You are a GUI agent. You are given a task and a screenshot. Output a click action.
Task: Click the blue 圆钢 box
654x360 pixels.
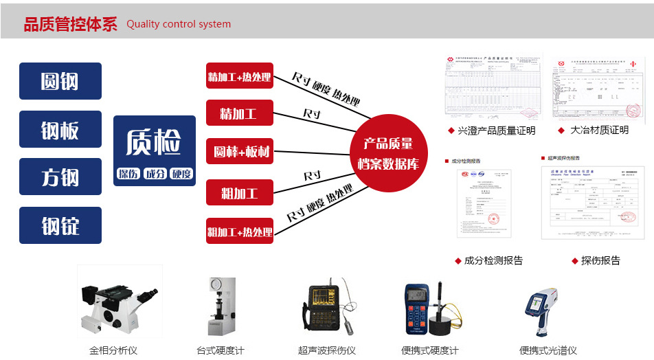(x=60, y=81)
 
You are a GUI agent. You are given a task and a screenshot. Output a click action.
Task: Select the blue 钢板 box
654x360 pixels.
(x=60, y=129)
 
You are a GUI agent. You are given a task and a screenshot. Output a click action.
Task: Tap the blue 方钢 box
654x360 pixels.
(x=60, y=177)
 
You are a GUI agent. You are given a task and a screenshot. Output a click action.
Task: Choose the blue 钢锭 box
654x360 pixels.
(x=60, y=225)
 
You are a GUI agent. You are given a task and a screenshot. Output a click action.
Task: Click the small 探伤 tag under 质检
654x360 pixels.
(x=128, y=174)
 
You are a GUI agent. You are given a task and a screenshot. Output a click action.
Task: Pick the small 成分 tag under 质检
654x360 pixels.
(x=155, y=174)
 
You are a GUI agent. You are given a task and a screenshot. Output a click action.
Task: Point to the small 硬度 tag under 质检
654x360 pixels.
(x=181, y=174)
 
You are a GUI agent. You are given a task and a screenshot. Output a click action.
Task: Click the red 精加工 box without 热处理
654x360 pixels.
(x=239, y=113)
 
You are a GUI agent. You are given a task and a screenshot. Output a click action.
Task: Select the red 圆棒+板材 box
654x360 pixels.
(x=239, y=151)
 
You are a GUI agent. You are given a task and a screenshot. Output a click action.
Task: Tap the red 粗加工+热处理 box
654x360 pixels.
(x=239, y=231)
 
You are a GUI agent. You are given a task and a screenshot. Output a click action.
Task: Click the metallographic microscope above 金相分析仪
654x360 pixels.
(x=117, y=302)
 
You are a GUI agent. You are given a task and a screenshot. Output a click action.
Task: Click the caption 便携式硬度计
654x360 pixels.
(x=430, y=350)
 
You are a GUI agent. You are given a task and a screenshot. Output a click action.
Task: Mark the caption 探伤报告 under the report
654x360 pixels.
(x=600, y=260)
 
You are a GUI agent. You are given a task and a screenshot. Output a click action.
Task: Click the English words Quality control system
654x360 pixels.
(x=179, y=24)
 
